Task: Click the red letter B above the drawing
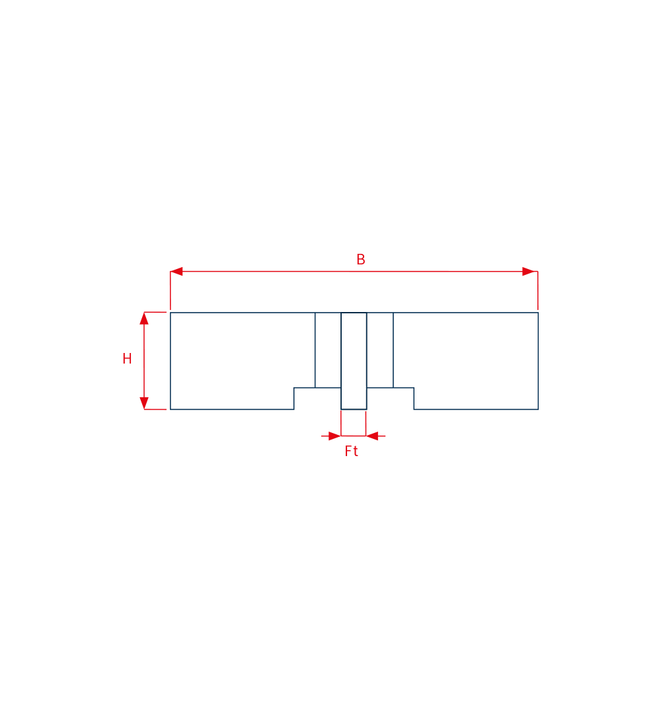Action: (360, 259)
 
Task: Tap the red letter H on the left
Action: (127, 359)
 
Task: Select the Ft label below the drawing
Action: (351, 451)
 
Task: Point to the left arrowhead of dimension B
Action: (176, 271)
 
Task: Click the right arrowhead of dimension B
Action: (529, 271)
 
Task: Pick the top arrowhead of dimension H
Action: (143, 319)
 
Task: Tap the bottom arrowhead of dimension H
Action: (143, 403)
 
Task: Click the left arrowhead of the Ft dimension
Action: (334, 436)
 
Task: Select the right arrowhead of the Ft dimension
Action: (372, 436)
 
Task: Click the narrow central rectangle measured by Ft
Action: (354, 361)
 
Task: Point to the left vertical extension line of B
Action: (170, 290)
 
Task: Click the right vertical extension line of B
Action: (538, 290)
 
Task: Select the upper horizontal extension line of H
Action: (155, 312)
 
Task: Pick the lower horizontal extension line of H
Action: (155, 409)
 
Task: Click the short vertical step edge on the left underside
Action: (293, 399)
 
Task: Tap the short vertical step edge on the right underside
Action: (414, 399)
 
